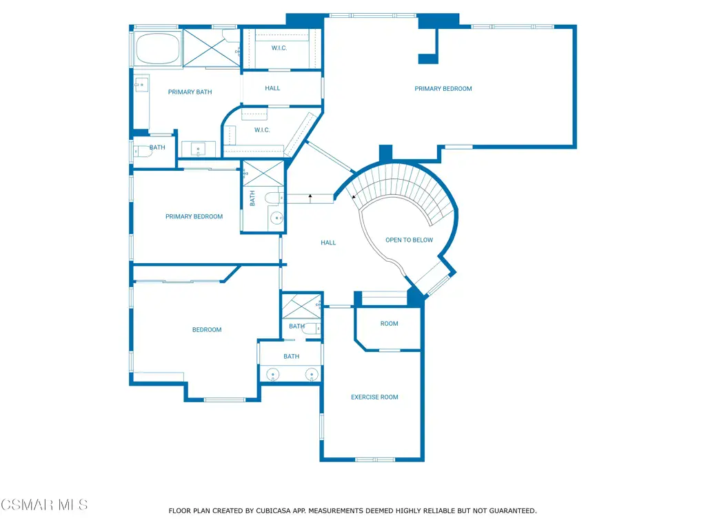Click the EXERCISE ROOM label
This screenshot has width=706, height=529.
tap(374, 397)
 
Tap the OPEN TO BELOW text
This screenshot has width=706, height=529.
tap(410, 240)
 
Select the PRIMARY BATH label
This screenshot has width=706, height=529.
tap(190, 92)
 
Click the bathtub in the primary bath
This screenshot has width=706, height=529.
tap(158, 49)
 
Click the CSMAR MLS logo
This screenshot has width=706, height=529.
tap(44, 505)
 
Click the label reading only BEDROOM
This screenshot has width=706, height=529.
tap(207, 330)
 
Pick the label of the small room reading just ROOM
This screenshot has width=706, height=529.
tap(390, 324)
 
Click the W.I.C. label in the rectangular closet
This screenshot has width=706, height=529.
tap(279, 48)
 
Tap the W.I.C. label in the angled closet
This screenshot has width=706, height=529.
tap(262, 130)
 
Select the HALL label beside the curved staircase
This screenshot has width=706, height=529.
tap(328, 243)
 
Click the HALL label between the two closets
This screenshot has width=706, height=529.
tap(272, 88)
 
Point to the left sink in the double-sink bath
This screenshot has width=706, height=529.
tap(273, 374)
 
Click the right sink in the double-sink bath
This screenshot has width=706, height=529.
tap(312, 374)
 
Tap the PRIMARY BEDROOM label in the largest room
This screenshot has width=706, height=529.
tap(443, 89)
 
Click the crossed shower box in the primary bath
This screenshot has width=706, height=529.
tap(211, 48)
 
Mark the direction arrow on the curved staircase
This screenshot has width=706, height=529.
tap(354, 196)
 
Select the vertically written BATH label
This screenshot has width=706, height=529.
tap(252, 198)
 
